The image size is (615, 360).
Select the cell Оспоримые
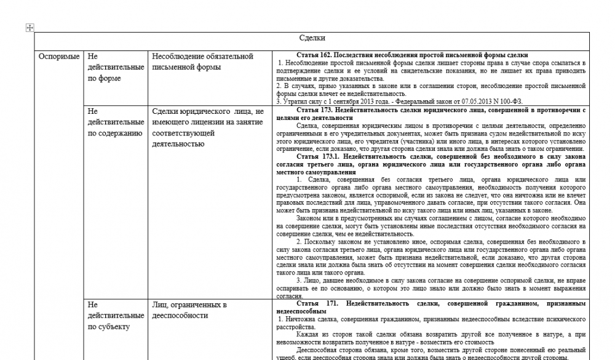59,57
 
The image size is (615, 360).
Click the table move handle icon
29,27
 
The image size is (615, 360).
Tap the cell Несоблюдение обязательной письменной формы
202,62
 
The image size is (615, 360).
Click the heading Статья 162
411,55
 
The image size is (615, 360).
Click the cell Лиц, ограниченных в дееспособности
190,310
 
